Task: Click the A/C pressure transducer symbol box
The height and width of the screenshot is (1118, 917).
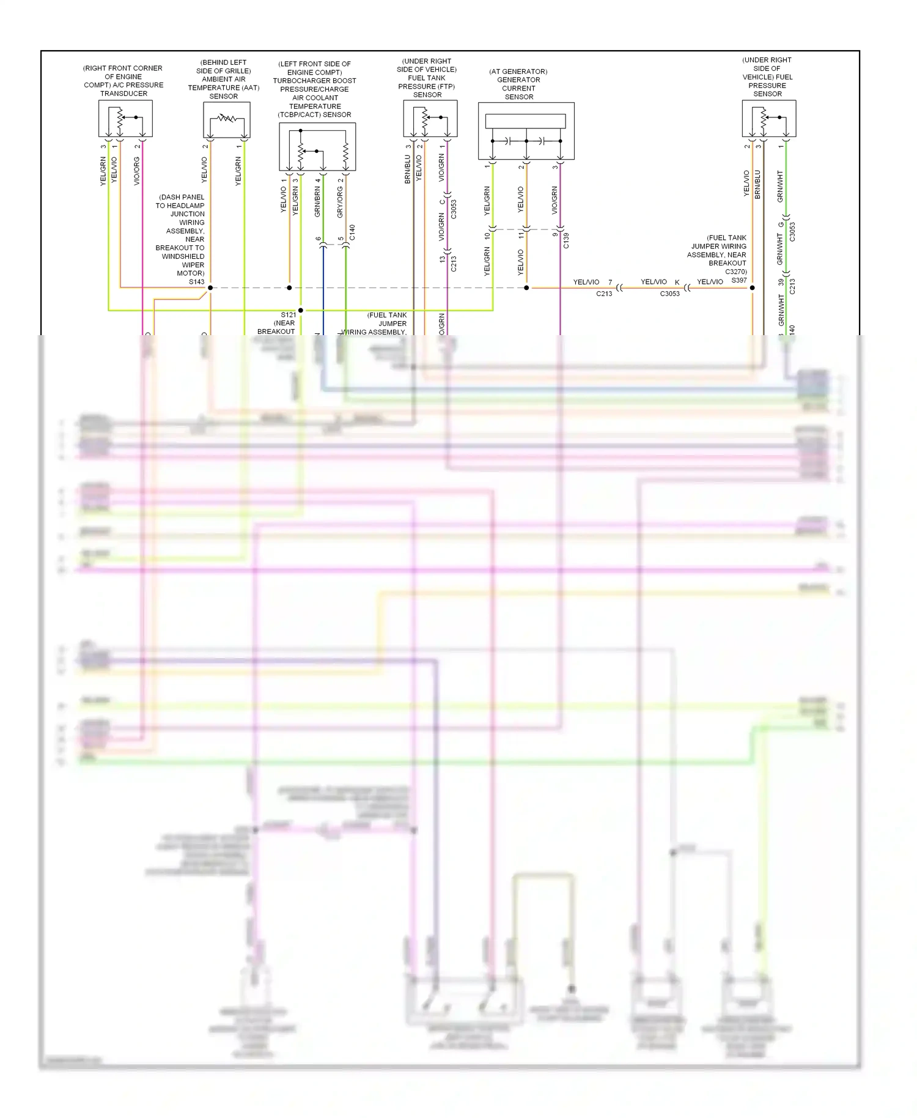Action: click(125, 119)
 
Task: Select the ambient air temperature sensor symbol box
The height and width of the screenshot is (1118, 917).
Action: click(226, 120)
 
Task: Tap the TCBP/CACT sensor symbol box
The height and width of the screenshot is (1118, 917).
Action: click(317, 147)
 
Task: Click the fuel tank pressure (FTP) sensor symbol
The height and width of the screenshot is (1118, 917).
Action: click(430, 119)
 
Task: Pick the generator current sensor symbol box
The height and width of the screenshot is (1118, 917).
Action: click(526, 131)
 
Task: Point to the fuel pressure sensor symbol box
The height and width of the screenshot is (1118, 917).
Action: click(768, 119)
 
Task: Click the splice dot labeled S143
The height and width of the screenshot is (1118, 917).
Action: click(210, 287)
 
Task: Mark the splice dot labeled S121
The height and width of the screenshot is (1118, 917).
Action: click(300, 310)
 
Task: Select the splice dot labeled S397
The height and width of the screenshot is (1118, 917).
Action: click(753, 287)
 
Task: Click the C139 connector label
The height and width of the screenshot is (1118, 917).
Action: click(566, 240)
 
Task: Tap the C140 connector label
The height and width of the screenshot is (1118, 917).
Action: click(352, 233)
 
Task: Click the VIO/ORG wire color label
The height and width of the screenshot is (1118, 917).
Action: click(136, 171)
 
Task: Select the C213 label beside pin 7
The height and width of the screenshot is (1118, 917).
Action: click(604, 294)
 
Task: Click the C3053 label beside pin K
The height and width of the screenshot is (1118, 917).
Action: click(670, 294)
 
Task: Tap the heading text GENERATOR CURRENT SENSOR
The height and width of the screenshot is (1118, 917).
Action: click(518, 84)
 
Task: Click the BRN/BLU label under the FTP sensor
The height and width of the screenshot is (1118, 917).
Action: click(407, 169)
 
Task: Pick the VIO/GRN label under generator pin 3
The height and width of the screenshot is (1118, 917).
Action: click(554, 200)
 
